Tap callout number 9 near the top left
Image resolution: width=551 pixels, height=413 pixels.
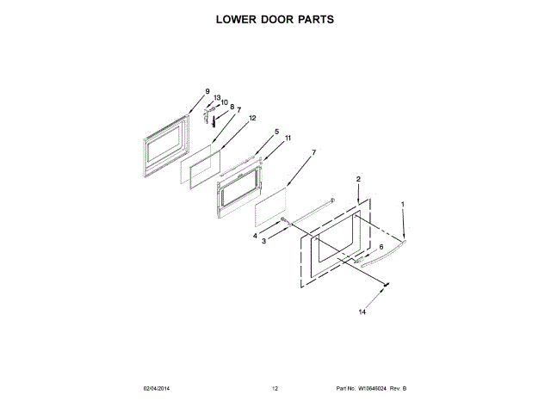207,92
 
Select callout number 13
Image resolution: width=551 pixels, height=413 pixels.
217,98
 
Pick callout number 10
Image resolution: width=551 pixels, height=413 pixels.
225,103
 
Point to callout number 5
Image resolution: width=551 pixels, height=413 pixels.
276,133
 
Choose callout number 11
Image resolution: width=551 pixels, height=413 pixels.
288,138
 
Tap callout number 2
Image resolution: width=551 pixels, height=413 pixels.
358,179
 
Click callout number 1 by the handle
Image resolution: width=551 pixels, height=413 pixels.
402,204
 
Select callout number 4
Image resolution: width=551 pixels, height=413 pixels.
255,235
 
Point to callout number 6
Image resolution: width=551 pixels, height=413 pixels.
381,247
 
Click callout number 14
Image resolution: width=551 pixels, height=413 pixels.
362,311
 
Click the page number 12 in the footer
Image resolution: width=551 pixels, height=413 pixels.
275,389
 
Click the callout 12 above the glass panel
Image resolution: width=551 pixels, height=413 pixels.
253,118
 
